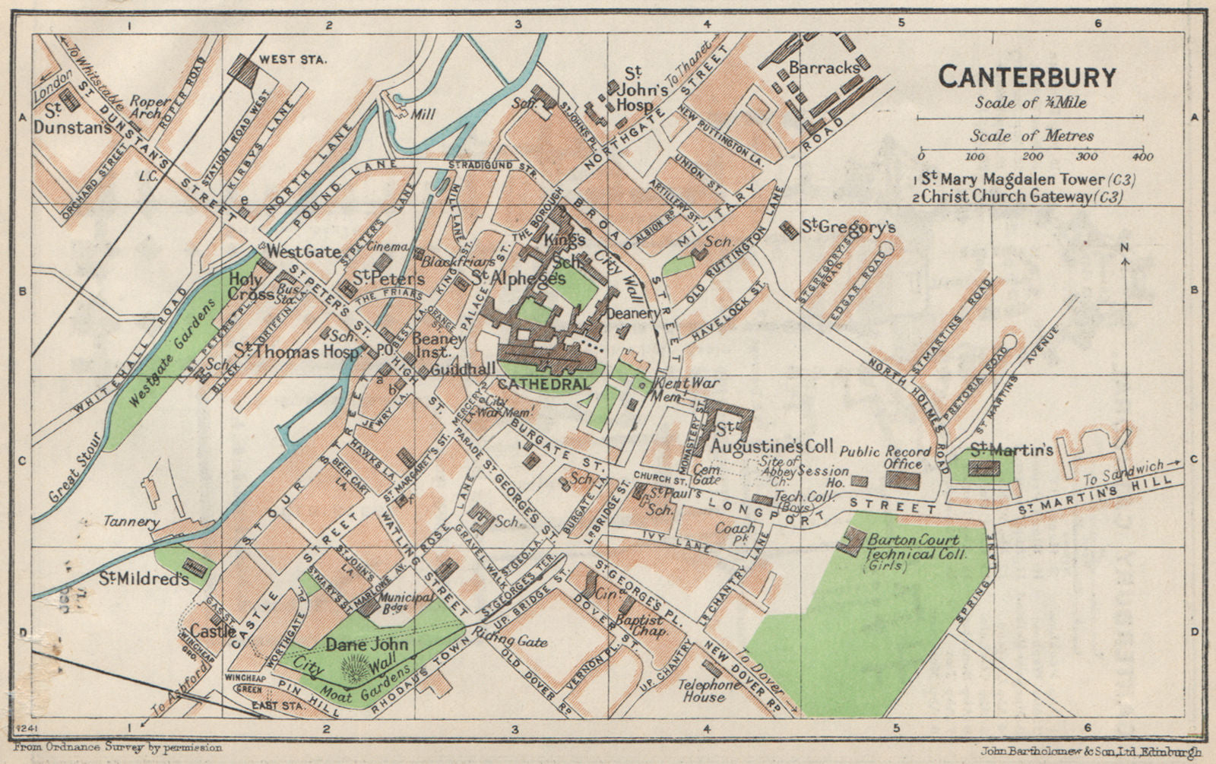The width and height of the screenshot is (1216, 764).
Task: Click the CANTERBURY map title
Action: coord(1027,77)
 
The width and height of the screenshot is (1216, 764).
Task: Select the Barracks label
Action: coord(824,68)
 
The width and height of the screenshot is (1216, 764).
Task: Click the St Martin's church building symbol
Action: coord(986,468)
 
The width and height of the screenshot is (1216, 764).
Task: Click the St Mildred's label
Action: coord(143,579)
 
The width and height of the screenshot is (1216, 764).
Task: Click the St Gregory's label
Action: coord(848,227)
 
